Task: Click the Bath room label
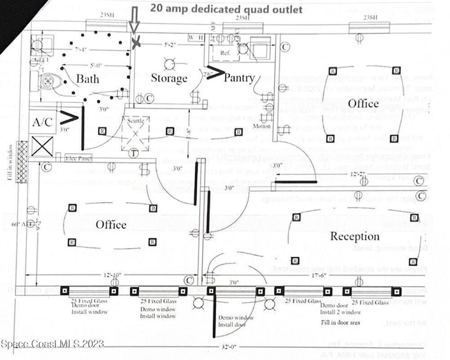pyautogui.click(x=94, y=79)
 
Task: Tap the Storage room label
pyautogui.click(x=169, y=78)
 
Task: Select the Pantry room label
pyautogui.click(x=239, y=78)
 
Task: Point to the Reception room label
pyautogui.click(x=355, y=236)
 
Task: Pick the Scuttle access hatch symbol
pyautogui.click(x=135, y=133)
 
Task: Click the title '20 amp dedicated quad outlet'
pyautogui.click(x=226, y=9)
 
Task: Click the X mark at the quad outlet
pyautogui.click(x=136, y=43)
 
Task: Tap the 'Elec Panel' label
pyautogui.click(x=77, y=158)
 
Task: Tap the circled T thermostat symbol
pyautogui.click(x=134, y=153)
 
